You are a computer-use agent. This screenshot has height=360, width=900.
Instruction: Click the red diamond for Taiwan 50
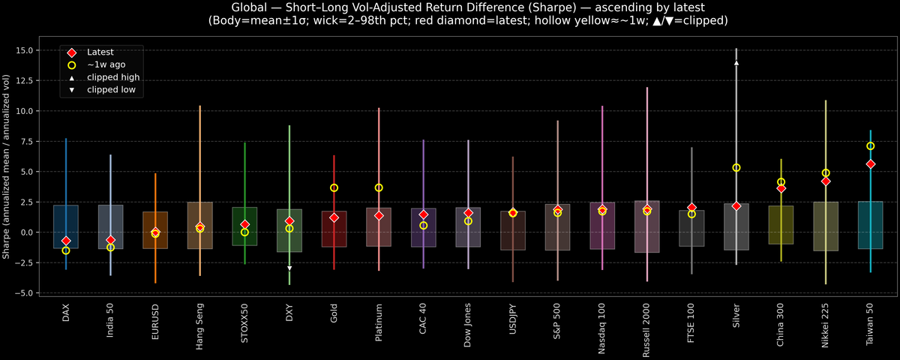[x=871, y=163]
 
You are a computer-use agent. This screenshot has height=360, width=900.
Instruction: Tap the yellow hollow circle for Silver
[x=736, y=168]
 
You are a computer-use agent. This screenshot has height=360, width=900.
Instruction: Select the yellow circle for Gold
[x=334, y=187]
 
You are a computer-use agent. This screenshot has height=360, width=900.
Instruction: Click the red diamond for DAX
[x=66, y=241]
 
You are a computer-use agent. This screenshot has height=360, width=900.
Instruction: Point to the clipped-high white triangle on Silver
[x=736, y=63]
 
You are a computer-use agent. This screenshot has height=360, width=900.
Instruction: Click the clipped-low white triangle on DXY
[x=289, y=268]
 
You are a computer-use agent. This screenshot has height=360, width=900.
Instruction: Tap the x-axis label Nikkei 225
[x=826, y=320]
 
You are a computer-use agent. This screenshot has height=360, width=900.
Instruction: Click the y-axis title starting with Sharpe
[x=7, y=166]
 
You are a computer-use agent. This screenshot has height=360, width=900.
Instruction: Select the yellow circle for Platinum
[x=379, y=187]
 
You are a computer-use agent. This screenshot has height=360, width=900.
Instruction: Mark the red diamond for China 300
[x=781, y=188]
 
